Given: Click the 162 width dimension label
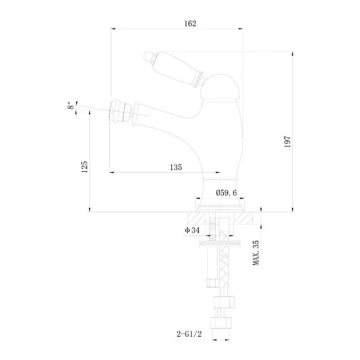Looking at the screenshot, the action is [x=190, y=23].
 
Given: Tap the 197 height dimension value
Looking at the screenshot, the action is [x=287, y=142].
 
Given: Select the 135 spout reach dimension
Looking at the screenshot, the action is [x=176, y=167].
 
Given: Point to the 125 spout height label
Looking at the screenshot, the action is [x=85, y=167].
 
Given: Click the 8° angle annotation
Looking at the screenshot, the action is [x=71, y=106].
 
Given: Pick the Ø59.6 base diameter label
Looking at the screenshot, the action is [x=226, y=193].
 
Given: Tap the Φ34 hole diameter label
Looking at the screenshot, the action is [x=192, y=230].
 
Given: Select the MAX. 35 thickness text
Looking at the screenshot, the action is [x=256, y=253].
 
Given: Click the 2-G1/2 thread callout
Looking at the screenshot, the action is [x=189, y=334].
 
